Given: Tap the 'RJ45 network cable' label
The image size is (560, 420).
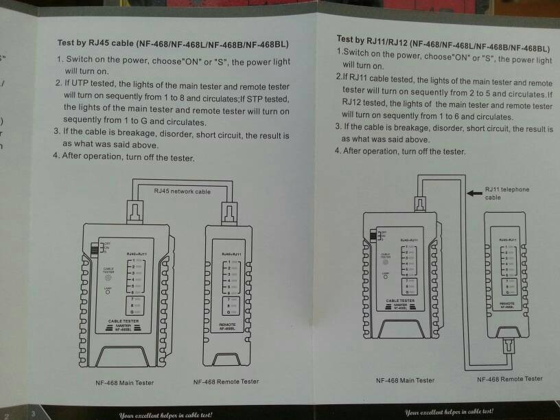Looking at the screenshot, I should pos(182,191).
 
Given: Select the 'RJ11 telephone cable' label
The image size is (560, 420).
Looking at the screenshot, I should pos(506,193).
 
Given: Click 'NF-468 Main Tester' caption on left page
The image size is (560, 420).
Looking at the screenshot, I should pos(125,382).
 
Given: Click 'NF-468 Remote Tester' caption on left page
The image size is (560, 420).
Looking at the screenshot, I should pos(226,382).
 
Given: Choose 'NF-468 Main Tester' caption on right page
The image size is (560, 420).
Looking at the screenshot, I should pos(405,380).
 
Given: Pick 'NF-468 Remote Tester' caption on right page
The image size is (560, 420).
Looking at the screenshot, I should pos(509,379).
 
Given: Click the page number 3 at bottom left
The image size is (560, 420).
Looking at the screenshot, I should pos(34,415).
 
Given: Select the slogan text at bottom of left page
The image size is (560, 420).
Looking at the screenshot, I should pos(165,415).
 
